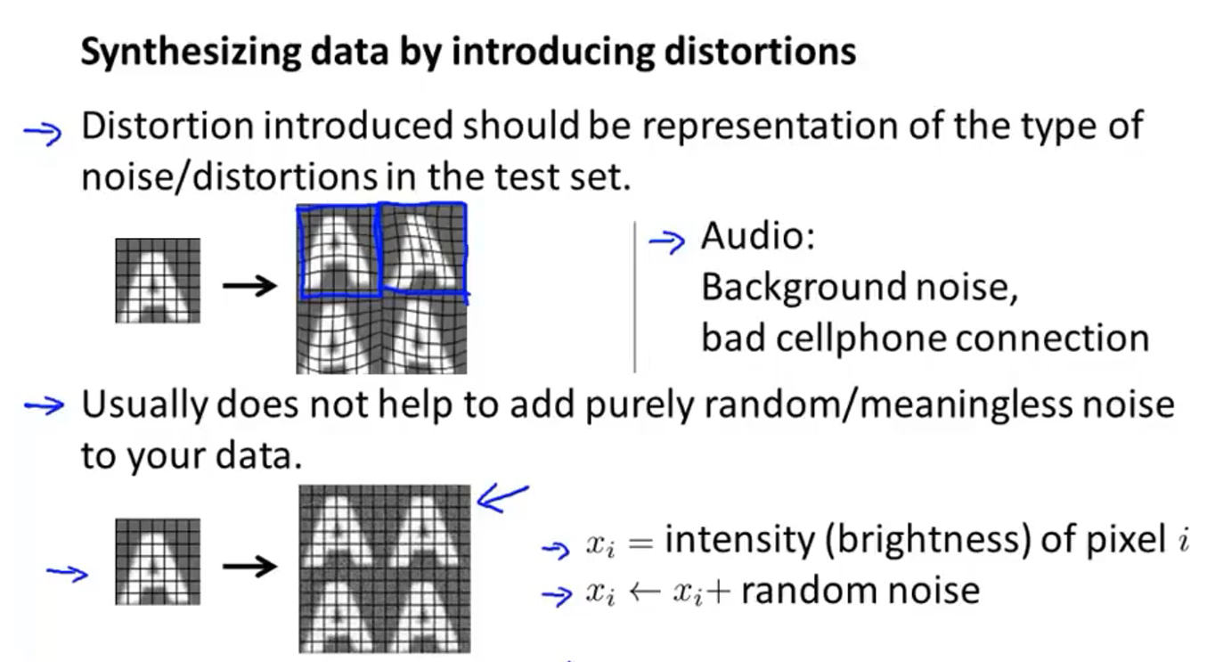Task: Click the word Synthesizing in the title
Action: tap(191, 53)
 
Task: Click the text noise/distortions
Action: tap(229, 176)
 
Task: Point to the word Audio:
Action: tap(758, 236)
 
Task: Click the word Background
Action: tap(803, 287)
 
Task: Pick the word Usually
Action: tap(144, 405)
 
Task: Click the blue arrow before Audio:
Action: tap(667, 241)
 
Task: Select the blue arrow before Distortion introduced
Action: tap(43, 133)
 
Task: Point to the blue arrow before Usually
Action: tap(45, 405)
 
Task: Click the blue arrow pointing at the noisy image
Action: tap(502, 499)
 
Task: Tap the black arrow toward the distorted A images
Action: tap(250, 285)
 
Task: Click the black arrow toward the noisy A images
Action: tap(250, 566)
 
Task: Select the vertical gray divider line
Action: tap(635, 297)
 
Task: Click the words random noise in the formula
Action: tap(860, 592)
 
